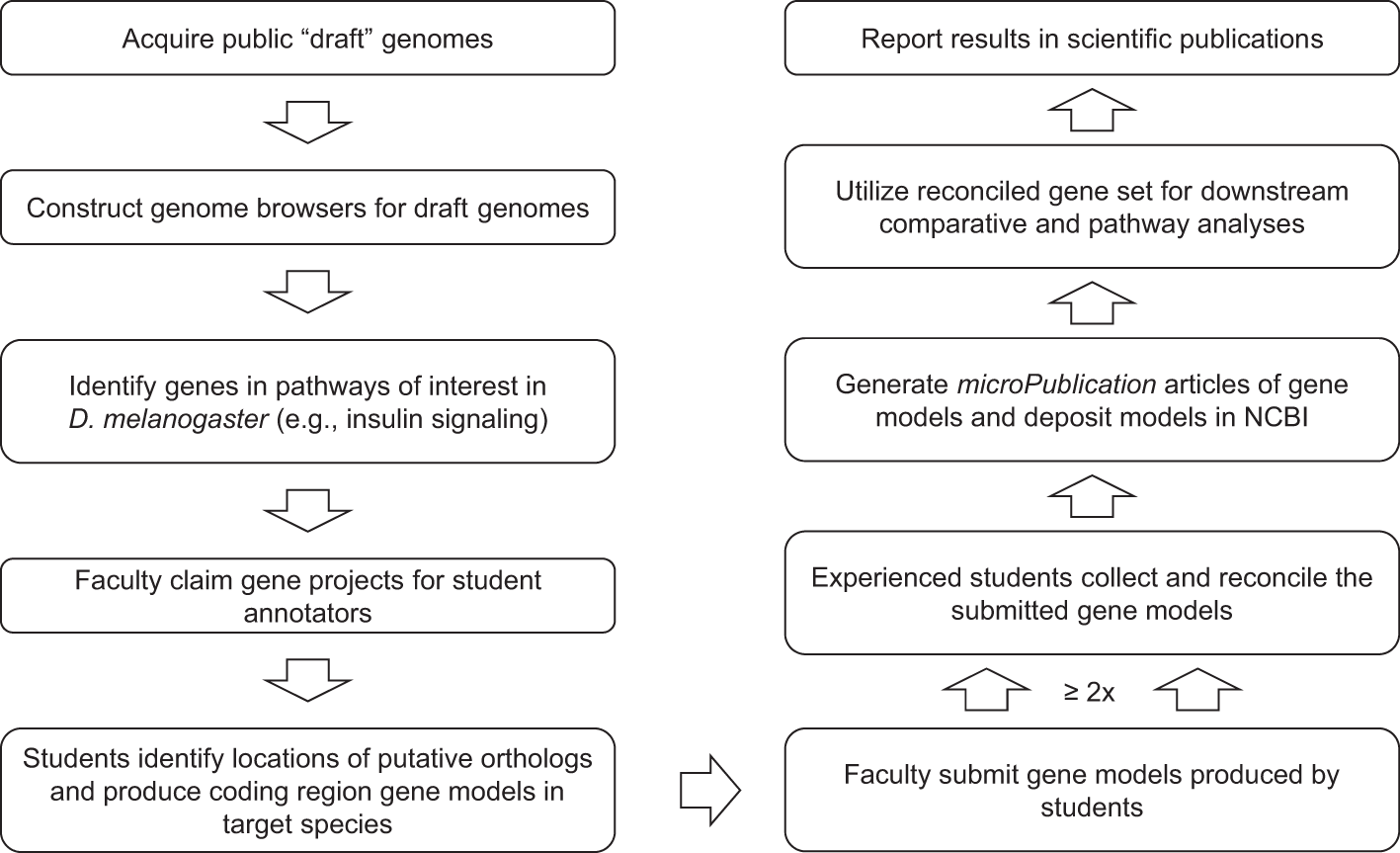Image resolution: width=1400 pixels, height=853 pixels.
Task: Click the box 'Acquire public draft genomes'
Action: pyautogui.click(x=307, y=40)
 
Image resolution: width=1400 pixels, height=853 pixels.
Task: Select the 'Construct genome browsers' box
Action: pyautogui.click(x=307, y=209)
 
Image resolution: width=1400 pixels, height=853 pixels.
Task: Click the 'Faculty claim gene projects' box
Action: pyautogui.click(x=307, y=596)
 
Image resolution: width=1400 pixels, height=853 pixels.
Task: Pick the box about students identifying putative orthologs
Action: pyautogui.click(x=307, y=791)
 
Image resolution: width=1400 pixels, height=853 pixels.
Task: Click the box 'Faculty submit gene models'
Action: pyautogui.click(x=1091, y=791)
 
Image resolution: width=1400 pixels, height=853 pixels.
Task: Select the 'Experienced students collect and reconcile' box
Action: pyautogui.click(x=1091, y=594)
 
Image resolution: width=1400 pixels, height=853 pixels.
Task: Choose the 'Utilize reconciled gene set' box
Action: pyautogui.click(x=1091, y=208)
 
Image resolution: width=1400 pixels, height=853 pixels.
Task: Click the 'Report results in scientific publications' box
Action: pyautogui.click(x=1091, y=40)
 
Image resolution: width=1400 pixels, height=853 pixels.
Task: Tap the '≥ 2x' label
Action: pyautogui.click(x=1090, y=692)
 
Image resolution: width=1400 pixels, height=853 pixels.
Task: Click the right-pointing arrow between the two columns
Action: pyautogui.click(x=710, y=791)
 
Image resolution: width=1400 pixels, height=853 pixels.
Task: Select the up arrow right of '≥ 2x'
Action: pyautogui.click(x=1196, y=688)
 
